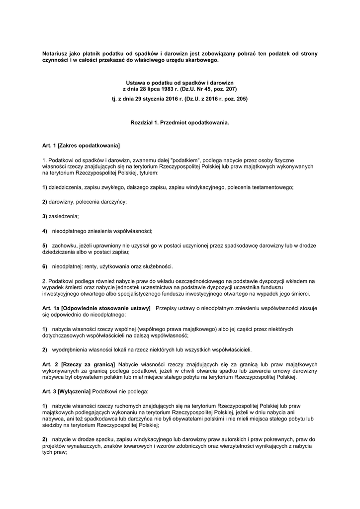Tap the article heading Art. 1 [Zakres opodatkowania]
click(81, 146)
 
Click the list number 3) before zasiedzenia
click(45, 216)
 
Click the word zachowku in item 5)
click(65, 246)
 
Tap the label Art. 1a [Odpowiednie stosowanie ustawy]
click(96, 309)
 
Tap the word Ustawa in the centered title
click(136, 82)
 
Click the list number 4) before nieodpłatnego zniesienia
click(45, 231)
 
